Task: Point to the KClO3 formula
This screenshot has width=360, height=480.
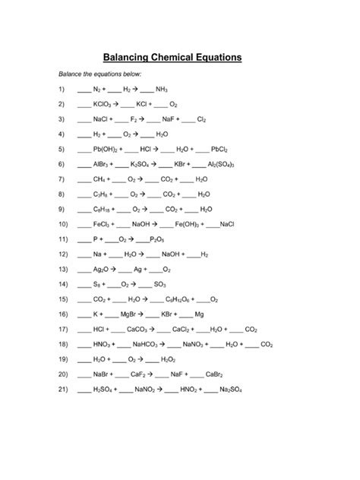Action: coord(103,104)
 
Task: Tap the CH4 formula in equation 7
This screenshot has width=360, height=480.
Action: coord(99,179)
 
